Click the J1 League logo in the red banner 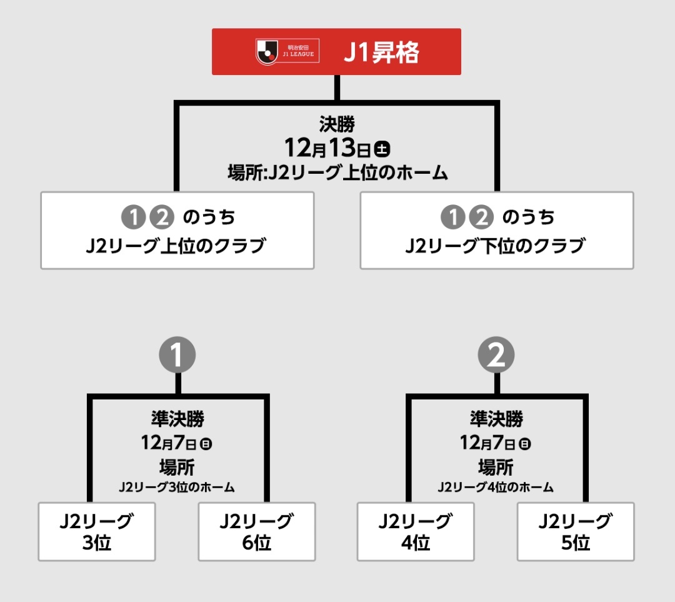coord(287,51)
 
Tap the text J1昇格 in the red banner coord(381,53)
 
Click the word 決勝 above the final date coord(337,125)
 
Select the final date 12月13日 coord(328,149)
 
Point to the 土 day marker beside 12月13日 coord(382,149)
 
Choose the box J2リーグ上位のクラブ coord(177,231)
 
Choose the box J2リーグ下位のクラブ coord(497,231)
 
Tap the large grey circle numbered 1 coord(177,356)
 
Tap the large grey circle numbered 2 coord(496,356)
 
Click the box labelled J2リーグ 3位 coord(97,531)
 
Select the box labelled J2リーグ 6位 coord(257,531)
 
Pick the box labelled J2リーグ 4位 coord(416,531)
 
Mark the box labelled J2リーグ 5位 coord(576,531)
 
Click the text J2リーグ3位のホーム coord(177,487)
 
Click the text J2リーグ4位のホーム coord(496,487)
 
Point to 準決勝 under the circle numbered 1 coord(177,418)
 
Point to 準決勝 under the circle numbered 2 coord(496,418)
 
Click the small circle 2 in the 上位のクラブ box coord(160,217)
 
